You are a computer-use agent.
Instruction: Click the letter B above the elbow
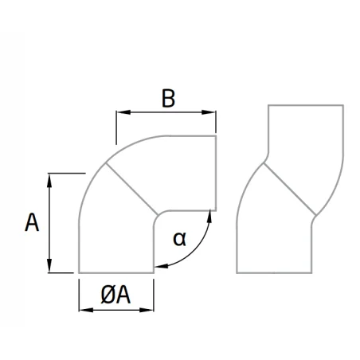pyautogui.click(x=168, y=99)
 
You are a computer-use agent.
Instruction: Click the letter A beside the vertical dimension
pyautogui.click(x=32, y=222)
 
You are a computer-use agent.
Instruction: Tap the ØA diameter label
pyautogui.click(x=115, y=295)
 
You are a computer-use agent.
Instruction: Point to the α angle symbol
pyautogui.click(x=179, y=239)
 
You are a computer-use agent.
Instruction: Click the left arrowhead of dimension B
pyautogui.click(x=123, y=112)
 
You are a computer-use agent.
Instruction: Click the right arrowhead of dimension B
pyautogui.click(x=209, y=112)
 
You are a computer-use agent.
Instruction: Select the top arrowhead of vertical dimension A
pyautogui.click(x=49, y=181)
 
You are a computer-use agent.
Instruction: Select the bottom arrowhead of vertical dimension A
pyautogui.click(x=49, y=265)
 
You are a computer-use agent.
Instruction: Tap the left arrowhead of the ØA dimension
pyautogui.click(x=86, y=310)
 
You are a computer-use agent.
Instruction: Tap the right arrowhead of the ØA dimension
pyautogui.click(x=147, y=310)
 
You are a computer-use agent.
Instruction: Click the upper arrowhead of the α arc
pyautogui.click(x=209, y=216)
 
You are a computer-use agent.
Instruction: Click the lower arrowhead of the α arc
pyautogui.click(x=161, y=266)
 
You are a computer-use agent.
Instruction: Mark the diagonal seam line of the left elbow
pyautogui.click(x=132, y=189)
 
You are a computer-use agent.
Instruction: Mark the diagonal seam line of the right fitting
pyautogui.click(x=290, y=189)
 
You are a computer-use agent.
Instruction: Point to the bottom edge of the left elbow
pyautogui.click(x=116, y=272)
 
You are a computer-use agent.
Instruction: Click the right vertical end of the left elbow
pyautogui.click(x=216, y=173)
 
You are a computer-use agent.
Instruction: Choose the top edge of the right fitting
pyautogui.click(x=306, y=105)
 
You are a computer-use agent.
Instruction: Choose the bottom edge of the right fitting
pyautogui.click(x=274, y=272)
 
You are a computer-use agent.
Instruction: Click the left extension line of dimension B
pyautogui.click(x=116, y=127)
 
